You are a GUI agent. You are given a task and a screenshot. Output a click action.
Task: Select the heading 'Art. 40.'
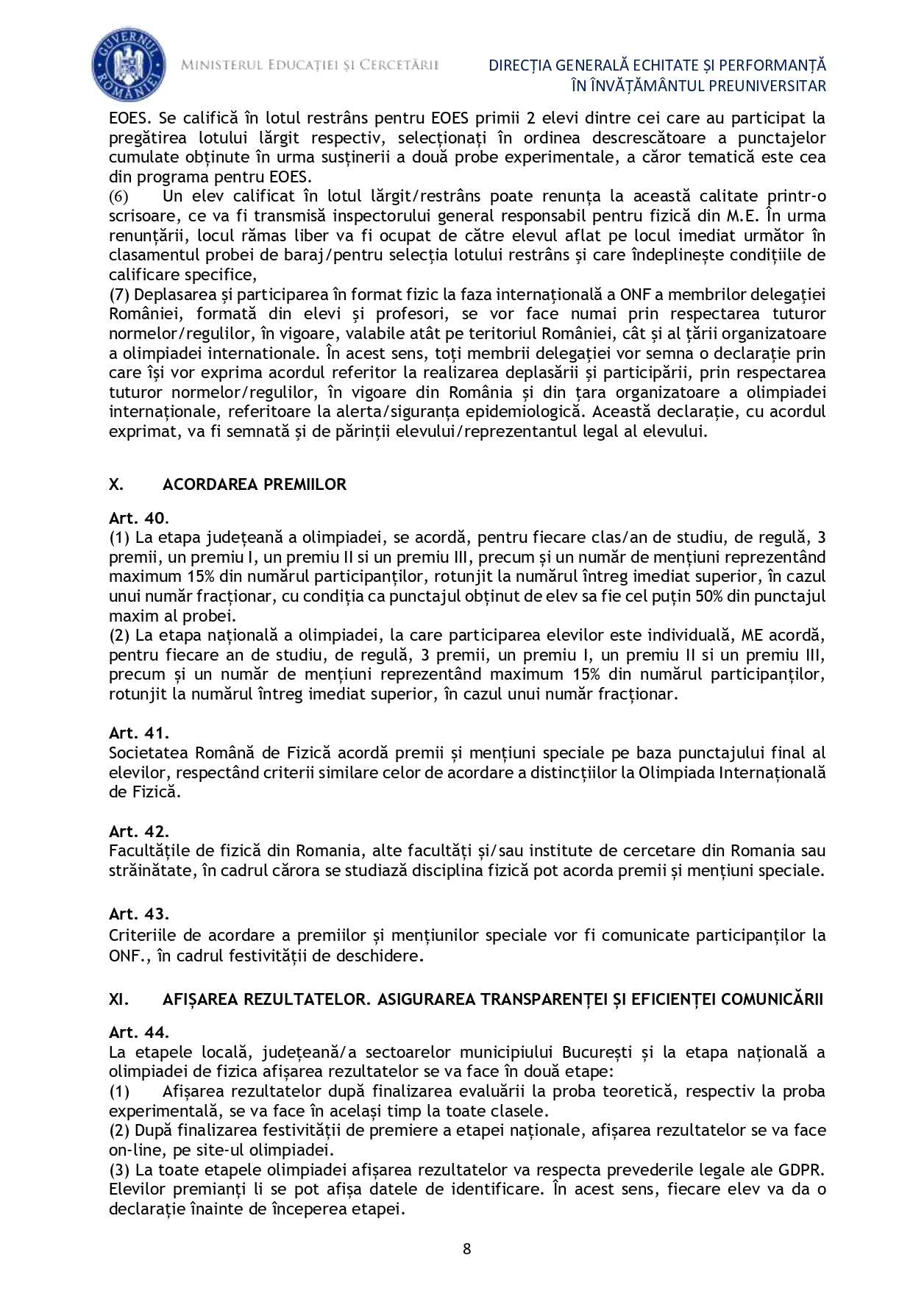[139, 518]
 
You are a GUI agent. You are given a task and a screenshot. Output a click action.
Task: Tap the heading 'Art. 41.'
[139, 733]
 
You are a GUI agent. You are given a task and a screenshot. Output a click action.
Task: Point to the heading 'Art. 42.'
[139, 831]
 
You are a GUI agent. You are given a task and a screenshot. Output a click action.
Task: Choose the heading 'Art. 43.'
[139, 914]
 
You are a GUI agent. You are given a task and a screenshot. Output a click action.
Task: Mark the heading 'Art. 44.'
[139, 1032]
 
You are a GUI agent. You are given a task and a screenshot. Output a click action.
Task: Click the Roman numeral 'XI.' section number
[118, 999]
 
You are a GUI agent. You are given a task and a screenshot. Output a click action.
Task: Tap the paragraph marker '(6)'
[118, 196]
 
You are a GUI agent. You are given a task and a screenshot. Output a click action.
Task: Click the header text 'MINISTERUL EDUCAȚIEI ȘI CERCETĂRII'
[310, 65]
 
